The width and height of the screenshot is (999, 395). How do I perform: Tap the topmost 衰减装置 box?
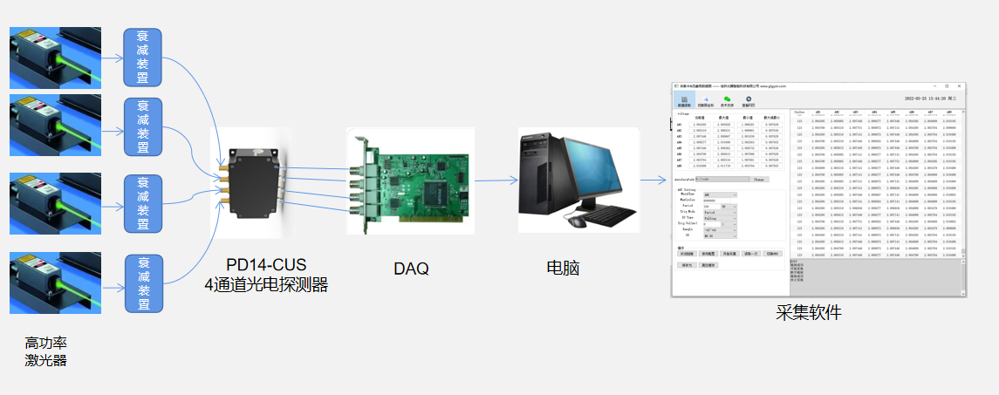coord(143,58)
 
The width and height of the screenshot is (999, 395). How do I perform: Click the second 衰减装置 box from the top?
coord(143,126)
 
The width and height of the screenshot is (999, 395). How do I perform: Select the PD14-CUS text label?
coord(266,265)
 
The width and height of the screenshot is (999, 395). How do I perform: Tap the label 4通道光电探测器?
coord(266,284)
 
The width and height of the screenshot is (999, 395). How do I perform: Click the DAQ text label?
coord(411,268)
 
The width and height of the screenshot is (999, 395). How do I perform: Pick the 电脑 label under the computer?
coord(564,268)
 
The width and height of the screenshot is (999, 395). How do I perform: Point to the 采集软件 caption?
coord(809,312)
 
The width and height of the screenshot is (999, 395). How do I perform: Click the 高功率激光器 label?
coord(46,352)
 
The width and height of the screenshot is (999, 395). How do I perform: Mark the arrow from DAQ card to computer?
coord(492,181)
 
